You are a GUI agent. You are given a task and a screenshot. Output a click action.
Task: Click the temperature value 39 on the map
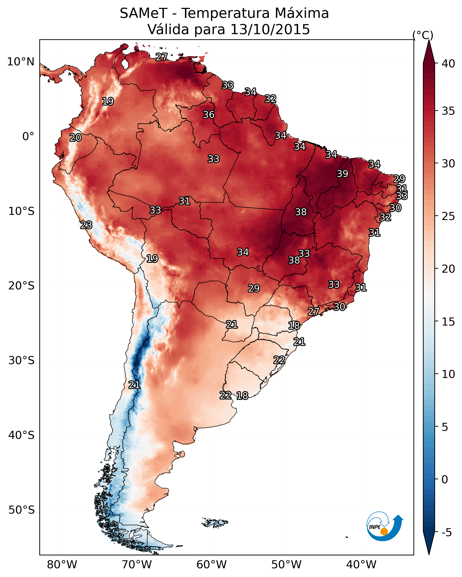pos(342,174)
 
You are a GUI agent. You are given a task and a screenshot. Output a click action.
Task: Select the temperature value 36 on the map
pos(209,114)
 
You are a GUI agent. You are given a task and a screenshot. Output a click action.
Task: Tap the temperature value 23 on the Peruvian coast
pos(86,225)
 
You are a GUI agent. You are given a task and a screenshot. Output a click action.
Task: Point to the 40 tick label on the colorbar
pos(448,64)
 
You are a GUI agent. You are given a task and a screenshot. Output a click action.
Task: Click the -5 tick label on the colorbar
pos(446,533)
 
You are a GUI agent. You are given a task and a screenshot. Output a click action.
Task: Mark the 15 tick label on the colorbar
pos(448,322)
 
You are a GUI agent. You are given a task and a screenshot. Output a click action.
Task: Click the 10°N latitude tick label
pos(21,62)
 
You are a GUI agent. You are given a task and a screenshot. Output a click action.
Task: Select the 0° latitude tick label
pos(28,137)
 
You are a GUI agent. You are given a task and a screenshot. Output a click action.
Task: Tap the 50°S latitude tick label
pos(21,510)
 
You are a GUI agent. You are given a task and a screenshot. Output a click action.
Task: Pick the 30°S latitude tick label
pos(21,361)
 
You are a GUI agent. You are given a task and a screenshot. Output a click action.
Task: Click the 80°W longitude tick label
pos(62,565)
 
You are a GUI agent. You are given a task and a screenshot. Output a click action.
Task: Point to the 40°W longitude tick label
pos(361,565)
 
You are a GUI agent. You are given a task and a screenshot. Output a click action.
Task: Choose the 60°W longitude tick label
pos(212,565)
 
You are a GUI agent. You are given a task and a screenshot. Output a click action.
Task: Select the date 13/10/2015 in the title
pos(270,29)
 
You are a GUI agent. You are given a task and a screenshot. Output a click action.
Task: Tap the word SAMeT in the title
pos(143,13)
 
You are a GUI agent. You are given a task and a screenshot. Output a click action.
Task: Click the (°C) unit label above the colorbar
pos(423,35)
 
